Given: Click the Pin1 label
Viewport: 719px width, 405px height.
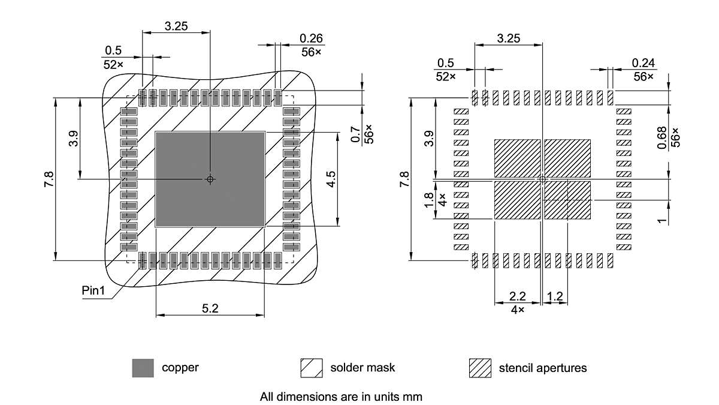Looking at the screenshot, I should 93,291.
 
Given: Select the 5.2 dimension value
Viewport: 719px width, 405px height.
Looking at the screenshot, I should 210,308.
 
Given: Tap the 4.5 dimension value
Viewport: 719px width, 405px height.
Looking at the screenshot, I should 331,179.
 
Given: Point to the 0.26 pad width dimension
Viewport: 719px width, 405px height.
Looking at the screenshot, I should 312,38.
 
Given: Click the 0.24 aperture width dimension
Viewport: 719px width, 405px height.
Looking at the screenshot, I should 643,63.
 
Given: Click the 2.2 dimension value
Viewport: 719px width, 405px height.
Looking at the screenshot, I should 517,296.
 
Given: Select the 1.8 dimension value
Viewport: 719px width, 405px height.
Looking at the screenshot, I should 428,200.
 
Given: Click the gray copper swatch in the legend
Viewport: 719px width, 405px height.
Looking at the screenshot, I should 143,368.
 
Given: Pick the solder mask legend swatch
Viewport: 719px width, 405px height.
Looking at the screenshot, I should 312,368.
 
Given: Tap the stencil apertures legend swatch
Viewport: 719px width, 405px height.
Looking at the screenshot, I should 480,368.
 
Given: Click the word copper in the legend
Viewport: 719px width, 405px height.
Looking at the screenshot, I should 180,367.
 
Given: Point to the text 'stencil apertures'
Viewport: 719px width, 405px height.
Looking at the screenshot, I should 543,367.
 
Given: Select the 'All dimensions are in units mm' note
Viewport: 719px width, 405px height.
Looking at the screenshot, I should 342,397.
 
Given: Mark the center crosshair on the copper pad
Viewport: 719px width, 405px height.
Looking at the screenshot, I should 210,179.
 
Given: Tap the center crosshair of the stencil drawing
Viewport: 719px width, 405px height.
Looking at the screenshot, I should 542,179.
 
